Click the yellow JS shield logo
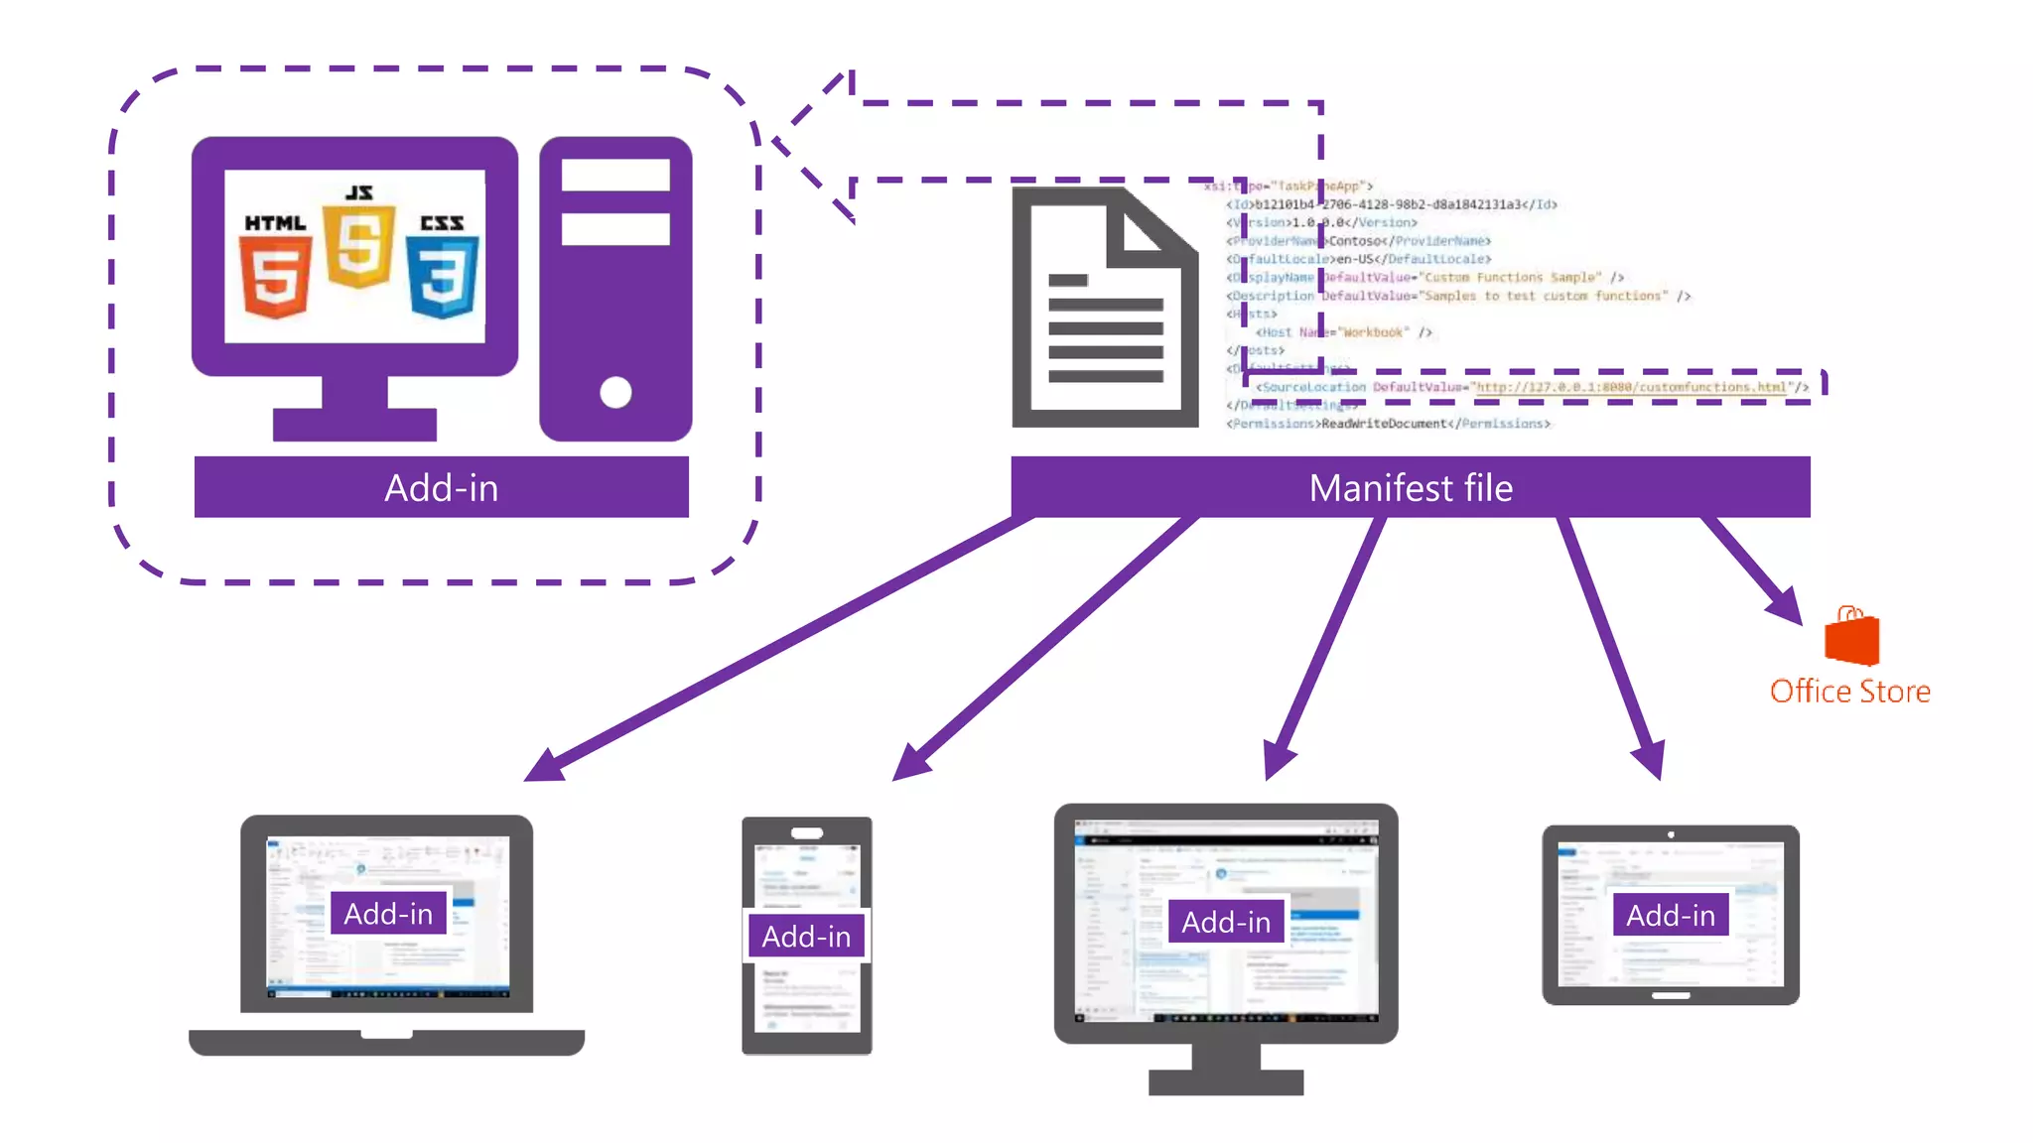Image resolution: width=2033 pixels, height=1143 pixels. (358, 245)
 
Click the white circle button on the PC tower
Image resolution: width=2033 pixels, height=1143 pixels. (615, 392)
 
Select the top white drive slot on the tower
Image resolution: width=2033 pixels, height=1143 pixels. (615, 176)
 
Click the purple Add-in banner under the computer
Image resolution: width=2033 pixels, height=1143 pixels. (441, 487)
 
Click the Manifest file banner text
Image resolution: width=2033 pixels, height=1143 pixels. (1410, 487)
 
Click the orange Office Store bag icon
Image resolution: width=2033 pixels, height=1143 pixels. (1851, 638)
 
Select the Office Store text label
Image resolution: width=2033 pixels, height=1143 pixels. (1849, 692)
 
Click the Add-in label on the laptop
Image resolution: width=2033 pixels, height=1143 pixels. (388, 913)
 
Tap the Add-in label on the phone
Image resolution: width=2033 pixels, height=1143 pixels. (805, 936)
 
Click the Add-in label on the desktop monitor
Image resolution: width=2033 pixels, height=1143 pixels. (1226, 922)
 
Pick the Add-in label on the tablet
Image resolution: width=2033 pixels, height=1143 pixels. (1671, 915)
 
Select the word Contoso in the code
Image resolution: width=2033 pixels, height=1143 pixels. (1355, 241)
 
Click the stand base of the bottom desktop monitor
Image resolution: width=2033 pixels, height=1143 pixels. (1226, 1081)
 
